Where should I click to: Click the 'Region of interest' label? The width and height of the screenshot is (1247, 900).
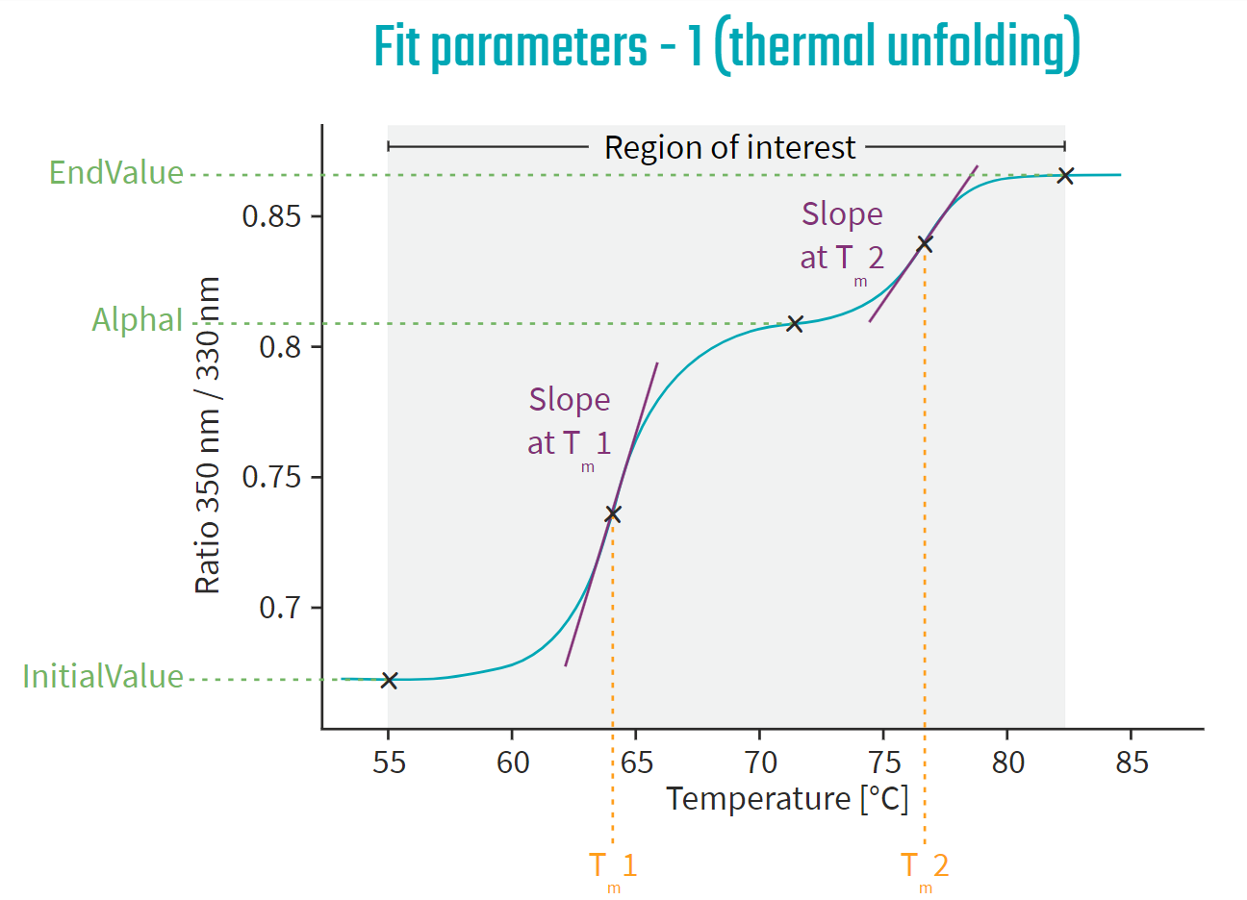(729, 147)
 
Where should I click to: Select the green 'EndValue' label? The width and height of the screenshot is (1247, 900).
(116, 173)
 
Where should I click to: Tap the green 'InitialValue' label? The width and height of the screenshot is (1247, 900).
(103, 676)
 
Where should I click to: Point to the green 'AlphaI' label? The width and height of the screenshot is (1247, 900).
(137, 319)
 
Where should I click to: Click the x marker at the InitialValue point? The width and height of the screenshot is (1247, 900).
(389, 680)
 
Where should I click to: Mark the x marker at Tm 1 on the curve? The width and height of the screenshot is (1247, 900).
(613, 514)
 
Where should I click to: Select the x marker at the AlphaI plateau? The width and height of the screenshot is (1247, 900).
(795, 323)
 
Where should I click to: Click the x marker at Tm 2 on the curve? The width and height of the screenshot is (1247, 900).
(925, 244)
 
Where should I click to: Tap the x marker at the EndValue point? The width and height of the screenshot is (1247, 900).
(1065, 175)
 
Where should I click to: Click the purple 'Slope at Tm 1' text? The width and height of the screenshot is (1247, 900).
(570, 421)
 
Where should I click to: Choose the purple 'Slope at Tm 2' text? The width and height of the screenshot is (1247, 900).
(842, 236)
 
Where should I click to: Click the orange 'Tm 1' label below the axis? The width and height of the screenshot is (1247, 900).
(613, 866)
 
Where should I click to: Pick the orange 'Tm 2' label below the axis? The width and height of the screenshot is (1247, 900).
(925, 866)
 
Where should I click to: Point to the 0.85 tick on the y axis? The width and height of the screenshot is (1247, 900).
(271, 216)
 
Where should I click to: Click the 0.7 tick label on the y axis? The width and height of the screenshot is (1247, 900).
(280, 608)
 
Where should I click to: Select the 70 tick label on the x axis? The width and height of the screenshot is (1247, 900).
(760, 762)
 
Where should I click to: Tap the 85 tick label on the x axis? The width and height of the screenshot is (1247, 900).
(1132, 762)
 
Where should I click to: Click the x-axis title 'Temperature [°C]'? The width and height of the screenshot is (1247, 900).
(787, 799)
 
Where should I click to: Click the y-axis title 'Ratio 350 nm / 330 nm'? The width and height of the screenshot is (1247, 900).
(208, 435)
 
